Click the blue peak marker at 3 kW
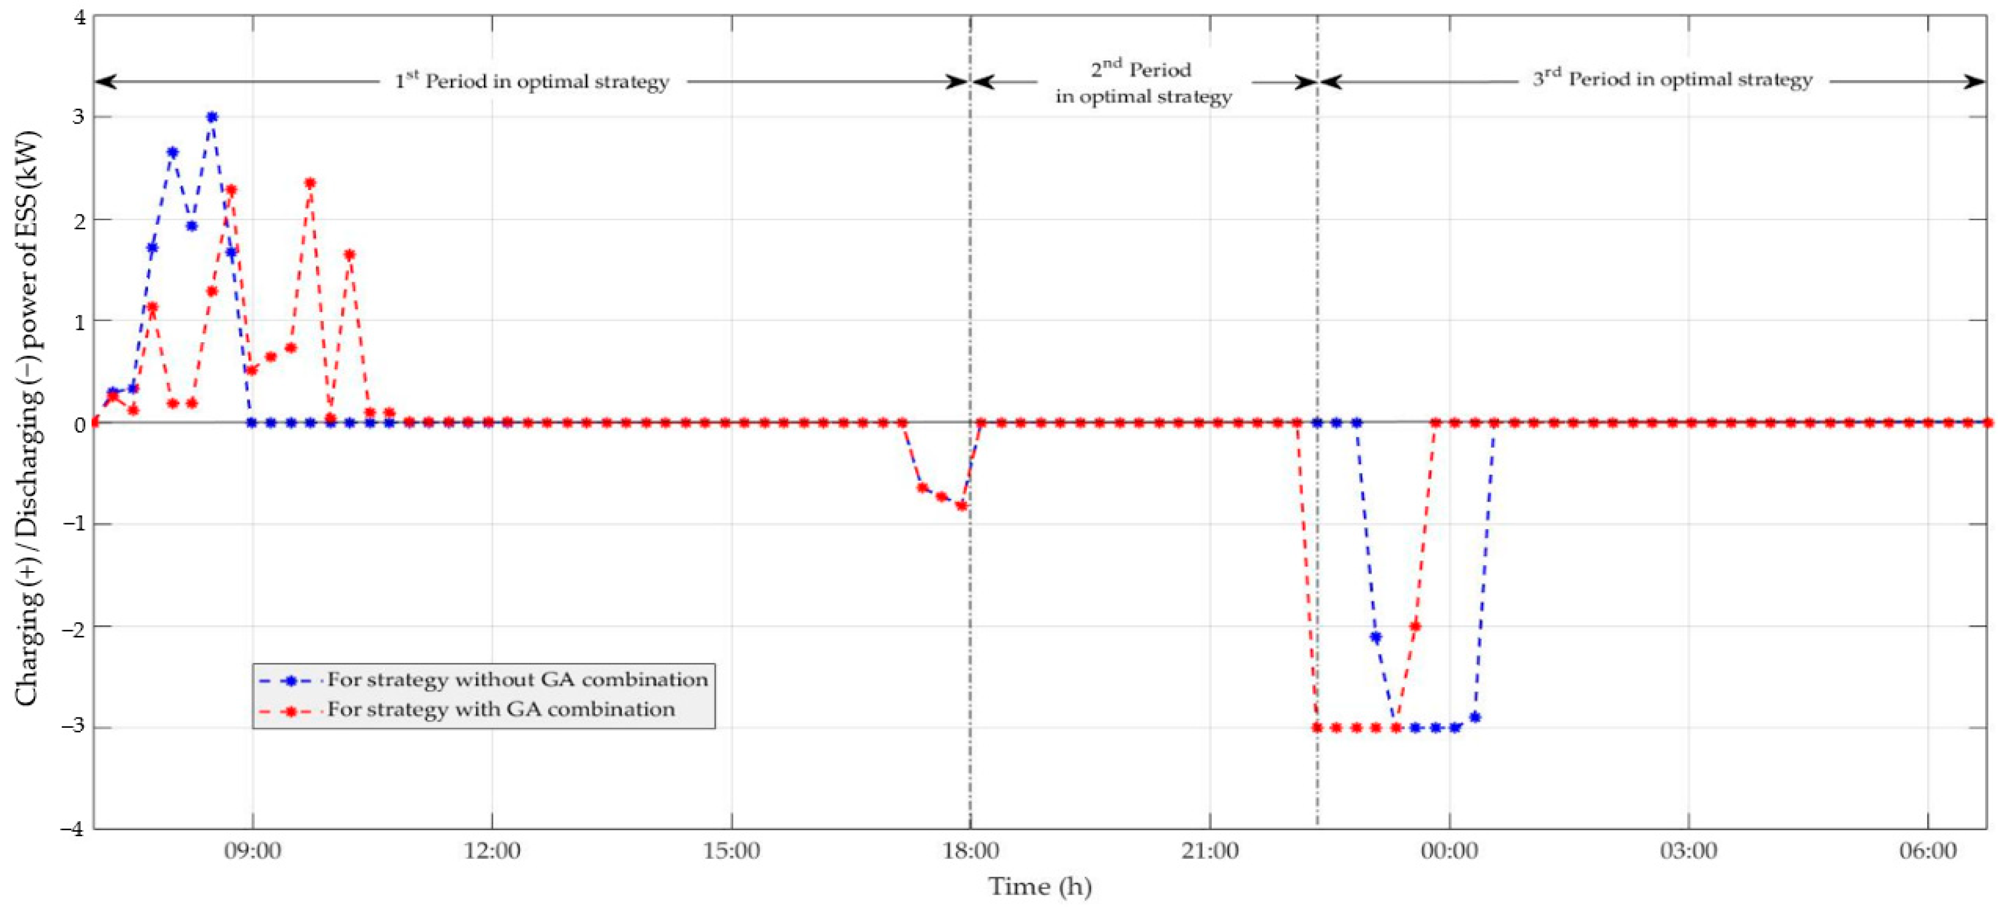point(212,117)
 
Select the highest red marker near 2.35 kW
point(310,183)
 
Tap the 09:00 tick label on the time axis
point(253,851)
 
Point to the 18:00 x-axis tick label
point(970,851)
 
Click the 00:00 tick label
point(1449,851)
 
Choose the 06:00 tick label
point(1927,851)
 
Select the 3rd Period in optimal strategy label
point(1672,80)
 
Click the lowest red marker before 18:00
point(962,506)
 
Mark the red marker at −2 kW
point(1415,626)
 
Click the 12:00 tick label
point(492,851)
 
